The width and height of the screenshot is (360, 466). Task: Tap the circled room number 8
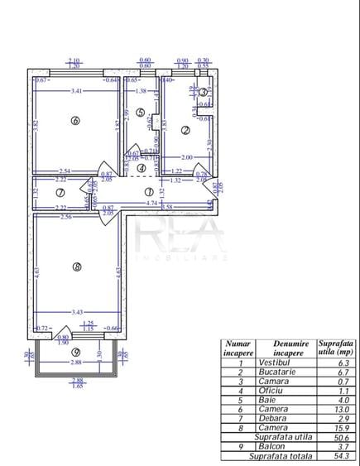[x=76, y=267]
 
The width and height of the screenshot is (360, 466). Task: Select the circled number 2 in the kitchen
[x=185, y=130]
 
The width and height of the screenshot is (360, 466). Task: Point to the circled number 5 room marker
[x=141, y=113]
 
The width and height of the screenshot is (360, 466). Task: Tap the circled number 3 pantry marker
[x=204, y=92]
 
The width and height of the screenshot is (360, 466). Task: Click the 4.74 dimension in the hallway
[x=148, y=202]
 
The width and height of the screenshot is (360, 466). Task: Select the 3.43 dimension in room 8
[x=78, y=311]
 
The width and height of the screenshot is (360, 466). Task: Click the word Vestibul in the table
[x=274, y=362]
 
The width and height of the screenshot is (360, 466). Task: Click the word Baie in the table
[x=268, y=401]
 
